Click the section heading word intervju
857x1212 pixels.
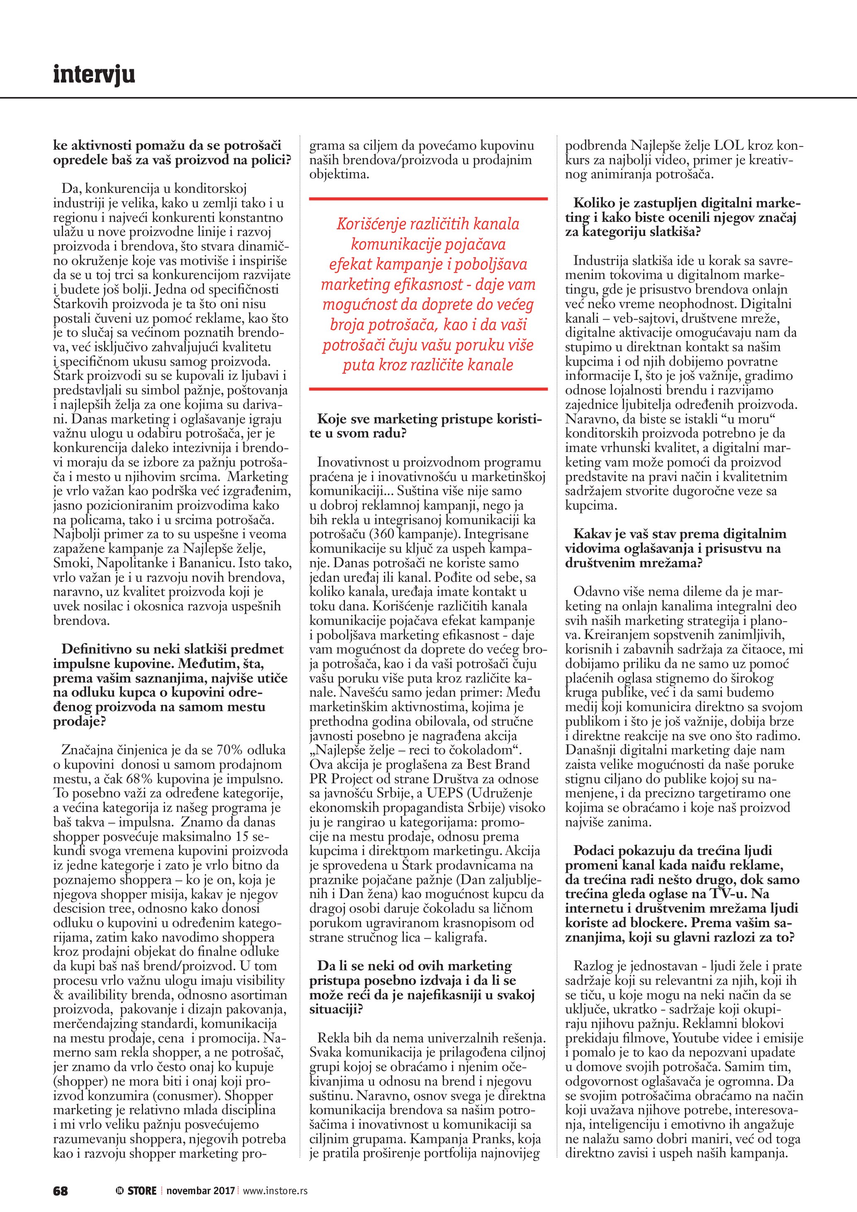point(94,75)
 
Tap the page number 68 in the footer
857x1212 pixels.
point(61,1176)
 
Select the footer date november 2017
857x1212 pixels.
point(201,1176)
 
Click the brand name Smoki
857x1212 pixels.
point(74,563)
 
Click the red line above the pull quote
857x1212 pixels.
point(428,199)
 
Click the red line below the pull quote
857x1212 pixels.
point(428,389)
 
